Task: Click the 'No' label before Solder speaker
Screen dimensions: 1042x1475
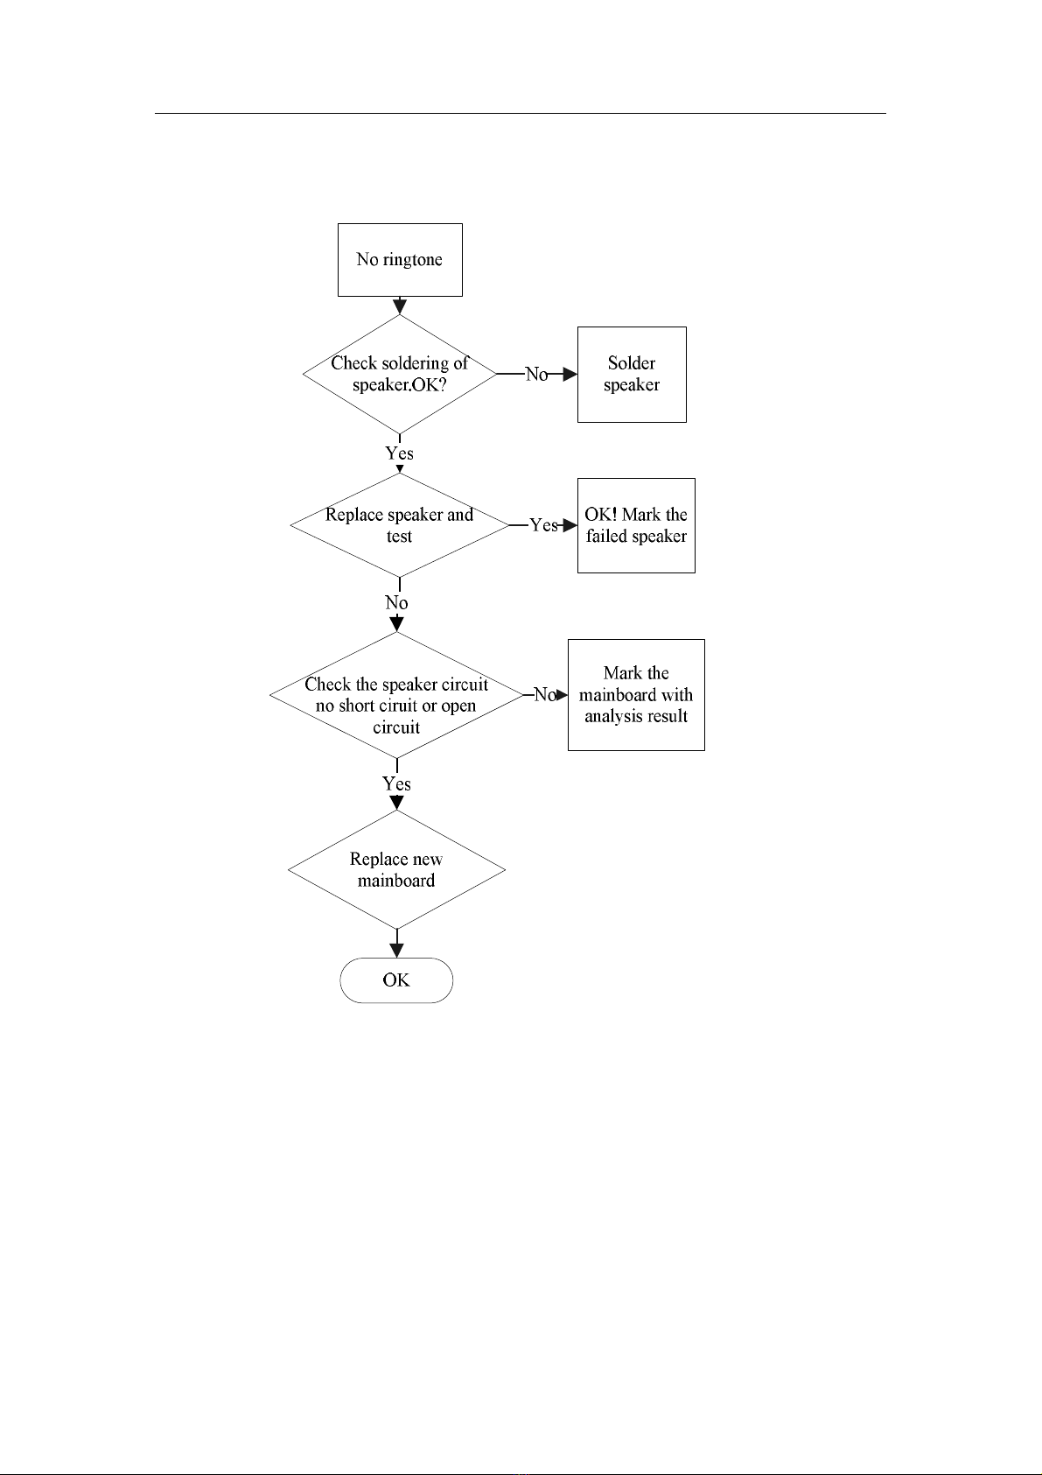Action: tap(536, 374)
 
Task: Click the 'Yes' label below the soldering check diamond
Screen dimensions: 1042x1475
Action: tap(400, 453)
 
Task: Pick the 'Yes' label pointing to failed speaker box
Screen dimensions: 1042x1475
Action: tap(543, 525)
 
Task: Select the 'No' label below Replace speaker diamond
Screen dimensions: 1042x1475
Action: tap(396, 602)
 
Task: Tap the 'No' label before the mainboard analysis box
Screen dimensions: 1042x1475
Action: tap(545, 695)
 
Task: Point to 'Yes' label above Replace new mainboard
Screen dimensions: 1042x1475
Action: tap(396, 783)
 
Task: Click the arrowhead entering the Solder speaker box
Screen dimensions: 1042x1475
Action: tap(570, 374)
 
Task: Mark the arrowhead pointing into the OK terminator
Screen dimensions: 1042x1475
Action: tap(396, 950)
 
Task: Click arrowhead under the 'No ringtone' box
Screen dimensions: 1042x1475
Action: tap(400, 306)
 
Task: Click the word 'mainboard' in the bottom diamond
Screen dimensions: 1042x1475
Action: tap(396, 881)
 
